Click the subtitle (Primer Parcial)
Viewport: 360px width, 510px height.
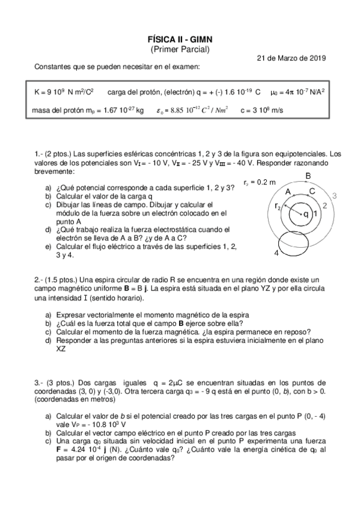(x=180, y=49)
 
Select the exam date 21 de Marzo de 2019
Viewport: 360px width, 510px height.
(x=291, y=58)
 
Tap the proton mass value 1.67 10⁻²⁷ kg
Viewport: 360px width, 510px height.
(x=123, y=110)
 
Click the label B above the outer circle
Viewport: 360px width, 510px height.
(x=308, y=176)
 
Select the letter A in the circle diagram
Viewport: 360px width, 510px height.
(x=288, y=192)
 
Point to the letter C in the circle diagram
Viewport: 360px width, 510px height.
(x=311, y=191)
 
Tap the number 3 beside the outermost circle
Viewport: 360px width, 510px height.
(x=334, y=195)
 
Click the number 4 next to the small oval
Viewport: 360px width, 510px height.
(x=276, y=253)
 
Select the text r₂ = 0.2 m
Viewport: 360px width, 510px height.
(x=260, y=182)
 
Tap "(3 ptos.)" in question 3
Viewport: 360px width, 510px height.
(x=58, y=382)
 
